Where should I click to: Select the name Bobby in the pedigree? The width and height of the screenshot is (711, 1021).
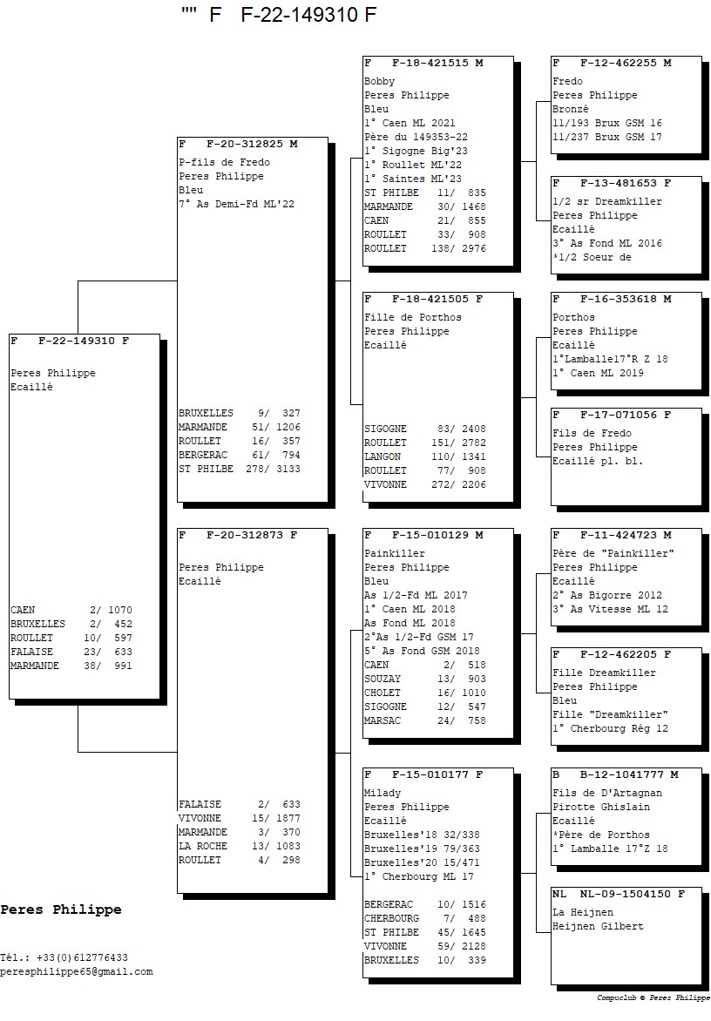(x=379, y=81)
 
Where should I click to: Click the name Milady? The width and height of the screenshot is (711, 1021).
(x=383, y=793)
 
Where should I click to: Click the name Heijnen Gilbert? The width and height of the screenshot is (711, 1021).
(x=598, y=926)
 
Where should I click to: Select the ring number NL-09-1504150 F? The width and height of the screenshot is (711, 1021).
(x=626, y=894)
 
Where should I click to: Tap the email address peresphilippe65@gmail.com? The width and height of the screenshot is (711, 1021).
(x=77, y=971)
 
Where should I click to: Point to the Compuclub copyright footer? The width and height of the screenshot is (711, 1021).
(x=653, y=998)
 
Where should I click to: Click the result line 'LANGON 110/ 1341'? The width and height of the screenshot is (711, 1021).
(x=425, y=456)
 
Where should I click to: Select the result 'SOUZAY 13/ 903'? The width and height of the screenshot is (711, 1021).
(x=425, y=679)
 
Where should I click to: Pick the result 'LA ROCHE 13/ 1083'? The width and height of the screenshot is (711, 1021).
(x=239, y=846)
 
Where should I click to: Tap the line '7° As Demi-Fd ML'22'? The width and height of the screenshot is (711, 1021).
(x=236, y=204)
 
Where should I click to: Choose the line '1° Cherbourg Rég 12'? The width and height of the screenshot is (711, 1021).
(x=610, y=728)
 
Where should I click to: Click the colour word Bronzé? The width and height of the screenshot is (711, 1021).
(x=571, y=109)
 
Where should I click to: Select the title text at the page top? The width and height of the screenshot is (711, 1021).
(x=280, y=15)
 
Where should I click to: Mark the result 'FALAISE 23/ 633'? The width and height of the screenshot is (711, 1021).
(x=71, y=652)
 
